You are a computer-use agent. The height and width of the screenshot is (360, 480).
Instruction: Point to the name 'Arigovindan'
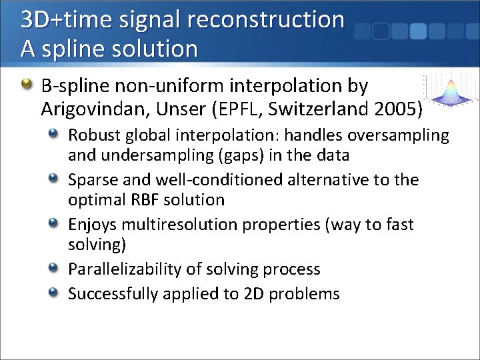(x=90, y=107)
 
